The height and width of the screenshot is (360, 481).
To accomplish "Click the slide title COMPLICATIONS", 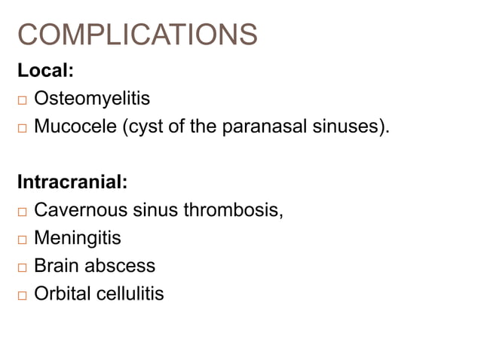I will [x=136, y=35].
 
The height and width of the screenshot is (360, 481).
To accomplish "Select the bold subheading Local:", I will [x=45, y=71].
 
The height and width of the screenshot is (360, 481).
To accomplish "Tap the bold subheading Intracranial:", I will [x=72, y=182].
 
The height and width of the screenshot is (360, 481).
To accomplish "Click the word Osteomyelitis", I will [x=92, y=99].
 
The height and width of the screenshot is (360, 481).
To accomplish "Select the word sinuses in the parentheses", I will [x=346, y=127].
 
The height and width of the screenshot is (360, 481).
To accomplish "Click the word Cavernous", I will [x=81, y=210].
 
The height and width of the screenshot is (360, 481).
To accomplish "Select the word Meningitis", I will [x=77, y=238].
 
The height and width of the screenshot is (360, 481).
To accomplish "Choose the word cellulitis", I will [x=130, y=294].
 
